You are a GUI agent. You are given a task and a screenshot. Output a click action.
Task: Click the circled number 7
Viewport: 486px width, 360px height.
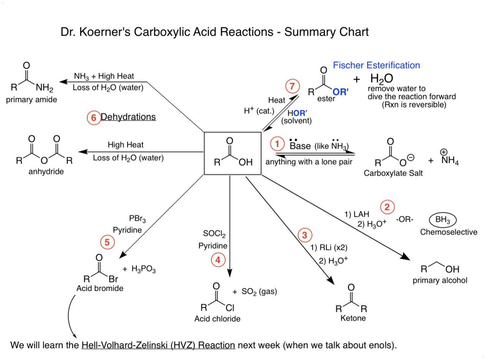pyautogui.click(x=292, y=86)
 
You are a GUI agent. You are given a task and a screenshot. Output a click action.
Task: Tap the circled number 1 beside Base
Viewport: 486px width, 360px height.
pyautogui.click(x=278, y=144)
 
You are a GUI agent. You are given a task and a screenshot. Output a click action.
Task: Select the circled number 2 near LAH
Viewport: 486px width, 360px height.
pyautogui.click(x=387, y=207)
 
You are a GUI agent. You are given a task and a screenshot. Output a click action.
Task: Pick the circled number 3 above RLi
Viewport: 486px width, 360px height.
pyautogui.click(x=305, y=235)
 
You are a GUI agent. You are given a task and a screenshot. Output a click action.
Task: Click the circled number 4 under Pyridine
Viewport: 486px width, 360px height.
pyautogui.click(x=218, y=260)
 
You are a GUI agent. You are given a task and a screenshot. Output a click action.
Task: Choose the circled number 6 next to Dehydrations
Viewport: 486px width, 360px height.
pyautogui.click(x=93, y=117)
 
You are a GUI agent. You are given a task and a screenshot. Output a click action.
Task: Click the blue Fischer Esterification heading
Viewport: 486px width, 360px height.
pyautogui.click(x=376, y=65)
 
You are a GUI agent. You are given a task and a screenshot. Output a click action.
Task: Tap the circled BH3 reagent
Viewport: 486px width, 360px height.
pyautogui.click(x=443, y=220)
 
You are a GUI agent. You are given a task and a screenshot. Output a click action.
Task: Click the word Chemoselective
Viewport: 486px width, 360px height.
pyautogui.click(x=448, y=232)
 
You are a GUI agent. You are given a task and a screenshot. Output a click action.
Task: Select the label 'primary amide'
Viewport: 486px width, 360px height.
pyautogui.click(x=32, y=100)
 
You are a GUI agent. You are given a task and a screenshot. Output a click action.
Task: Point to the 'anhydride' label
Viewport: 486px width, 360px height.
pyautogui.click(x=46, y=171)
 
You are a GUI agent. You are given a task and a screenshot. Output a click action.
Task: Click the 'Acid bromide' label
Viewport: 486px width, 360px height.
pyautogui.click(x=100, y=288)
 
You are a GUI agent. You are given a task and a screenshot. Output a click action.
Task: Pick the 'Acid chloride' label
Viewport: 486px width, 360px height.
pyautogui.click(x=217, y=319)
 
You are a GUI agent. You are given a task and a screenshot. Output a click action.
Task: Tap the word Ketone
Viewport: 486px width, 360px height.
pyautogui.click(x=353, y=318)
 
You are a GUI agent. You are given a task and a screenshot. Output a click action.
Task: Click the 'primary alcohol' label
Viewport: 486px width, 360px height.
pyautogui.click(x=440, y=280)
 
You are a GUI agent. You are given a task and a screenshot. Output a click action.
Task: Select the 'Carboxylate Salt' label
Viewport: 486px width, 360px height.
pyautogui.click(x=393, y=173)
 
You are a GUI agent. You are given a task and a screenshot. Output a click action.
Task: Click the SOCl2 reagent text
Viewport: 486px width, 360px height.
pyautogui.click(x=214, y=234)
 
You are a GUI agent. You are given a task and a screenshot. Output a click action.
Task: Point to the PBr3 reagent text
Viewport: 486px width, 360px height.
pyautogui.click(x=137, y=219)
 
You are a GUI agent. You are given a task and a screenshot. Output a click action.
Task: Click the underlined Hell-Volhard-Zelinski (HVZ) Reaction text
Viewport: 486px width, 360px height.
pyautogui.click(x=158, y=345)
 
